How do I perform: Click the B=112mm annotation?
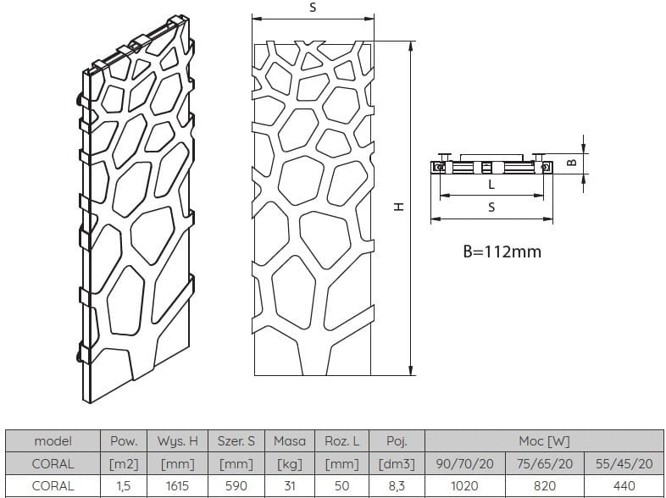click(502, 252)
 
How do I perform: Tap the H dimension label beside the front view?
click(399, 207)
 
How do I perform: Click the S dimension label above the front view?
click(313, 8)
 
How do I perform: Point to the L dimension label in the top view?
click(491, 185)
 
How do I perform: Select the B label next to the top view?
click(572, 162)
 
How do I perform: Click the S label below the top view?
click(491, 207)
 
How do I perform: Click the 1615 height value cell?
click(177, 485)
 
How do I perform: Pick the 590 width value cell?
click(236, 485)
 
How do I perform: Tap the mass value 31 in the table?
click(290, 485)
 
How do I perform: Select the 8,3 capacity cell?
click(397, 485)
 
